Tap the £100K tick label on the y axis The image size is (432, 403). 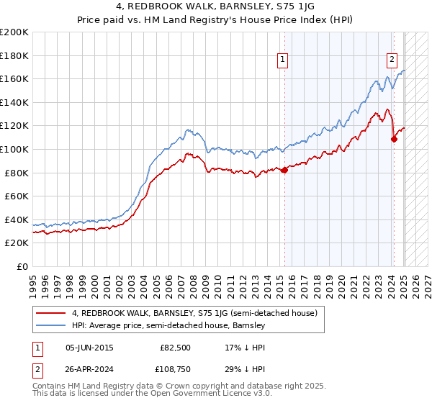(14, 149)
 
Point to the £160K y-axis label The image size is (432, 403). (14, 78)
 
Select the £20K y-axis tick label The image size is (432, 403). (17, 243)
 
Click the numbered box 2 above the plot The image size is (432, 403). (392, 60)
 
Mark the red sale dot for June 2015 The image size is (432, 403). (284, 170)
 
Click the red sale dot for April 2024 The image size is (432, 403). (394, 139)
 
